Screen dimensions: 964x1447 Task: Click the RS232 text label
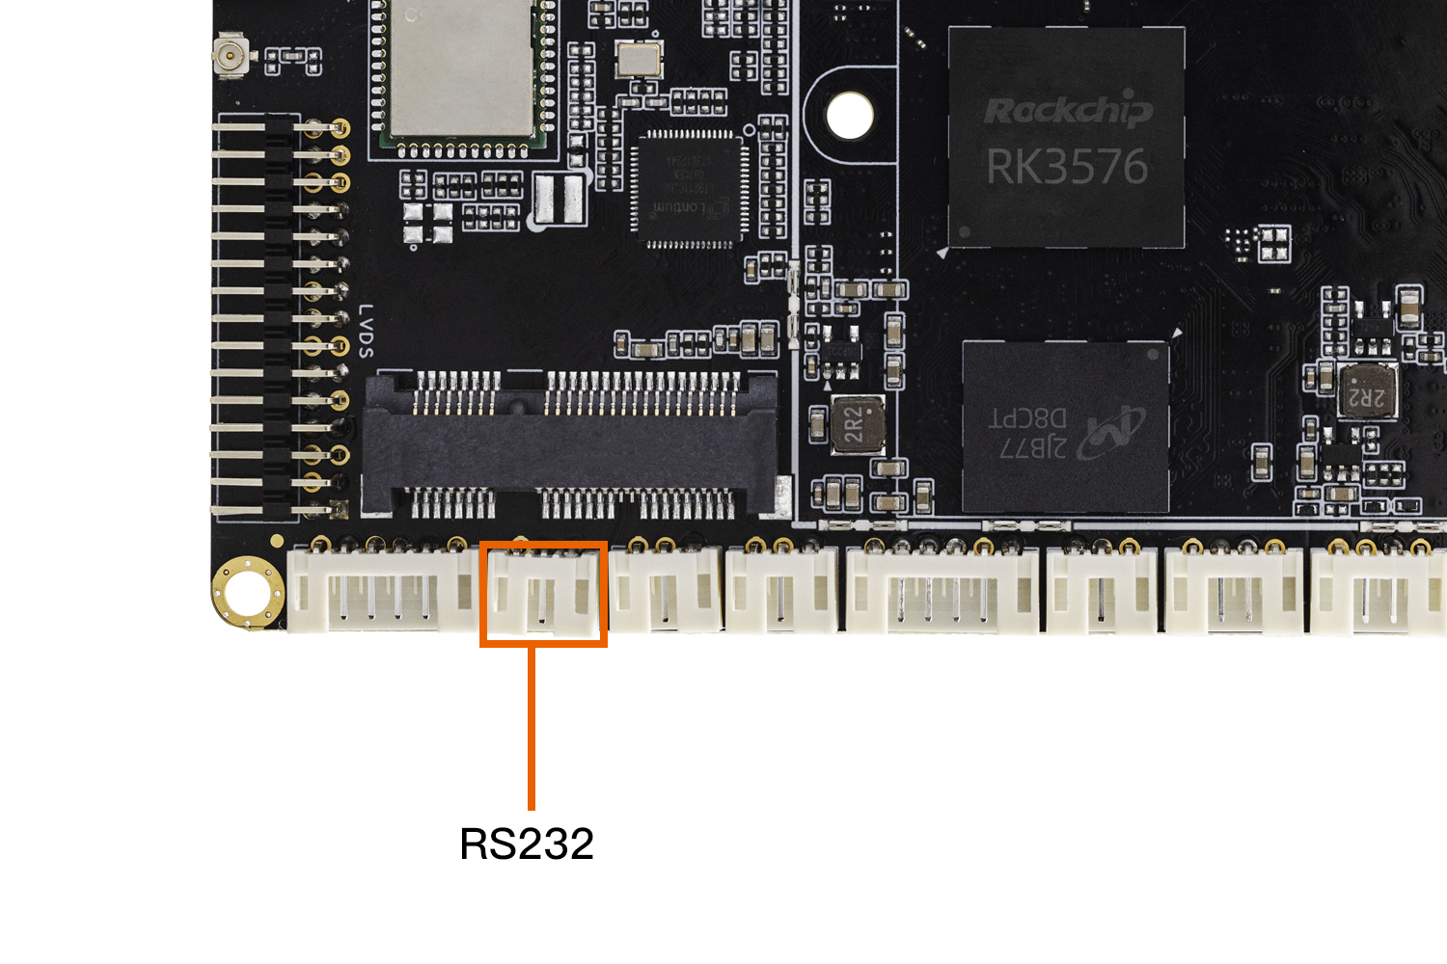(x=527, y=844)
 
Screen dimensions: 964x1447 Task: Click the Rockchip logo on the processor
(x=1068, y=111)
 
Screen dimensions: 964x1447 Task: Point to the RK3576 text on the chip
(x=1067, y=167)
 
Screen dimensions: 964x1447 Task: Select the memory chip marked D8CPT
(x=1066, y=426)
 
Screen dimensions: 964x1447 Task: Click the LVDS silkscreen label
(x=367, y=331)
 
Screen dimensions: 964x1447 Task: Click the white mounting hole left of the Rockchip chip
(x=850, y=116)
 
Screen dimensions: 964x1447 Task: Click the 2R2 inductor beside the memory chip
(x=858, y=423)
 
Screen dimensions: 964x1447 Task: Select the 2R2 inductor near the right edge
(x=1367, y=391)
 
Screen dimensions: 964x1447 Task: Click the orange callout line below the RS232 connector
(x=532, y=728)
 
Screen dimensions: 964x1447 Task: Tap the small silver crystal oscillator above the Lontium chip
(x=639, y=60)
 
